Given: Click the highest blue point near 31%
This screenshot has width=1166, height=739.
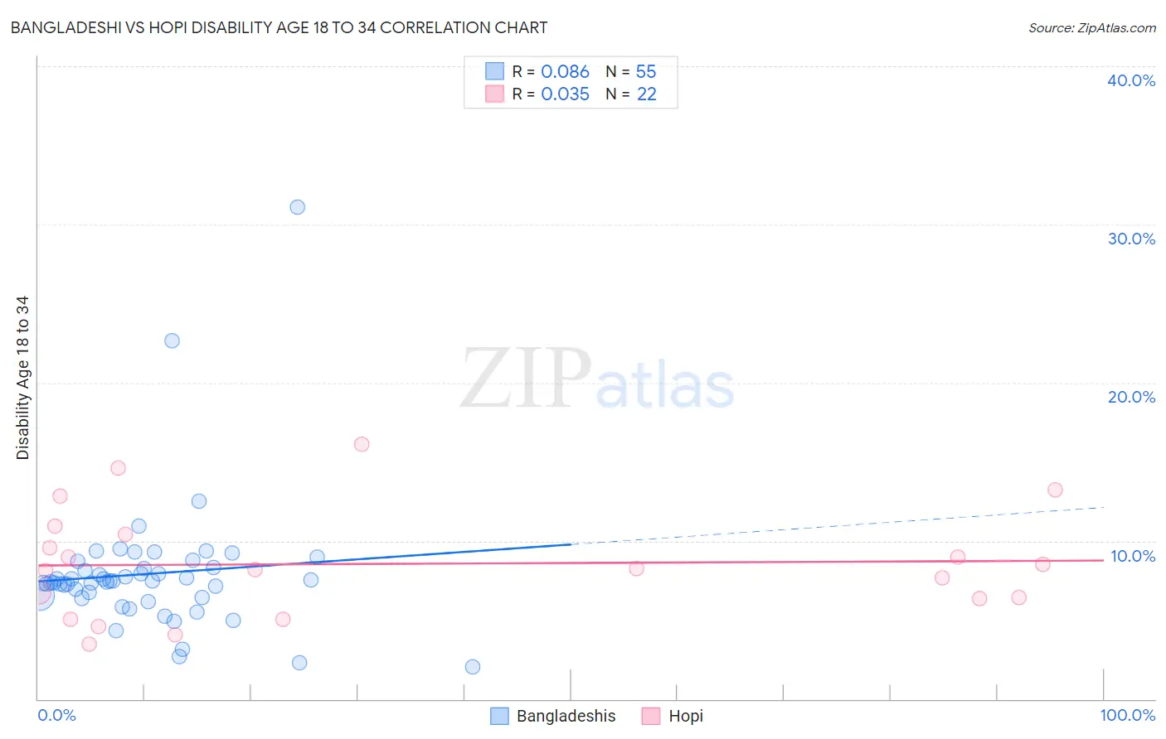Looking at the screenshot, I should pos(297,207).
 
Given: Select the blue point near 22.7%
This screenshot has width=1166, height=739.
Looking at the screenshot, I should pos(172,341).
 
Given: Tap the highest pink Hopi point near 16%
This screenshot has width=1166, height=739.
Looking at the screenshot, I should pos(362,444).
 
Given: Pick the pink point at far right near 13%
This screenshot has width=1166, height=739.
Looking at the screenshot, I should pos(1055,490).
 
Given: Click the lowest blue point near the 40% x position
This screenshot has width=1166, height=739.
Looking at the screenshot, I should pos(473,667).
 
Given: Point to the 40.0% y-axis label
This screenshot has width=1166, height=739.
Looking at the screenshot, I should pos(1131,80).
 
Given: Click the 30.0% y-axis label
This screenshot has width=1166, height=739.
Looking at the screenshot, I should pos(1131,239).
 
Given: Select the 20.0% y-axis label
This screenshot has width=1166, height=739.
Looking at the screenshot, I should pos(1131,397).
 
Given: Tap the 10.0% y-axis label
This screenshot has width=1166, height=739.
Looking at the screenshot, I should pos(1133,556).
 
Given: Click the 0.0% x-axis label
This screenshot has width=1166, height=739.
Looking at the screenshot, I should pos(56,715).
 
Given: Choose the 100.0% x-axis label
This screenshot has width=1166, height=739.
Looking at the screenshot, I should pos(1127,715).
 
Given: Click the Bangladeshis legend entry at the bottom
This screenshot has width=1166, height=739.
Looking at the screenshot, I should pos(566,716).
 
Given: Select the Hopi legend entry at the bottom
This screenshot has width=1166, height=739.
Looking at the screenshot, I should pos(685,716).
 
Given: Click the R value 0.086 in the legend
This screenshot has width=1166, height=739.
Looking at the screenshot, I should pos(565,72).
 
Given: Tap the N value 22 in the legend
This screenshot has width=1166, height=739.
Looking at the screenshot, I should pos(646,94).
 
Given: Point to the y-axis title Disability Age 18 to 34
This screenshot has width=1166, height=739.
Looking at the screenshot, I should pos(22,378).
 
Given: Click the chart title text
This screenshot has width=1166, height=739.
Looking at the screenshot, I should pos(279,27).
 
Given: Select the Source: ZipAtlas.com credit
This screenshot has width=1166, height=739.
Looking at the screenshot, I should pos(1091,27).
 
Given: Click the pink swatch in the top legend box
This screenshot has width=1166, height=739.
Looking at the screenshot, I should pos(495,94).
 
